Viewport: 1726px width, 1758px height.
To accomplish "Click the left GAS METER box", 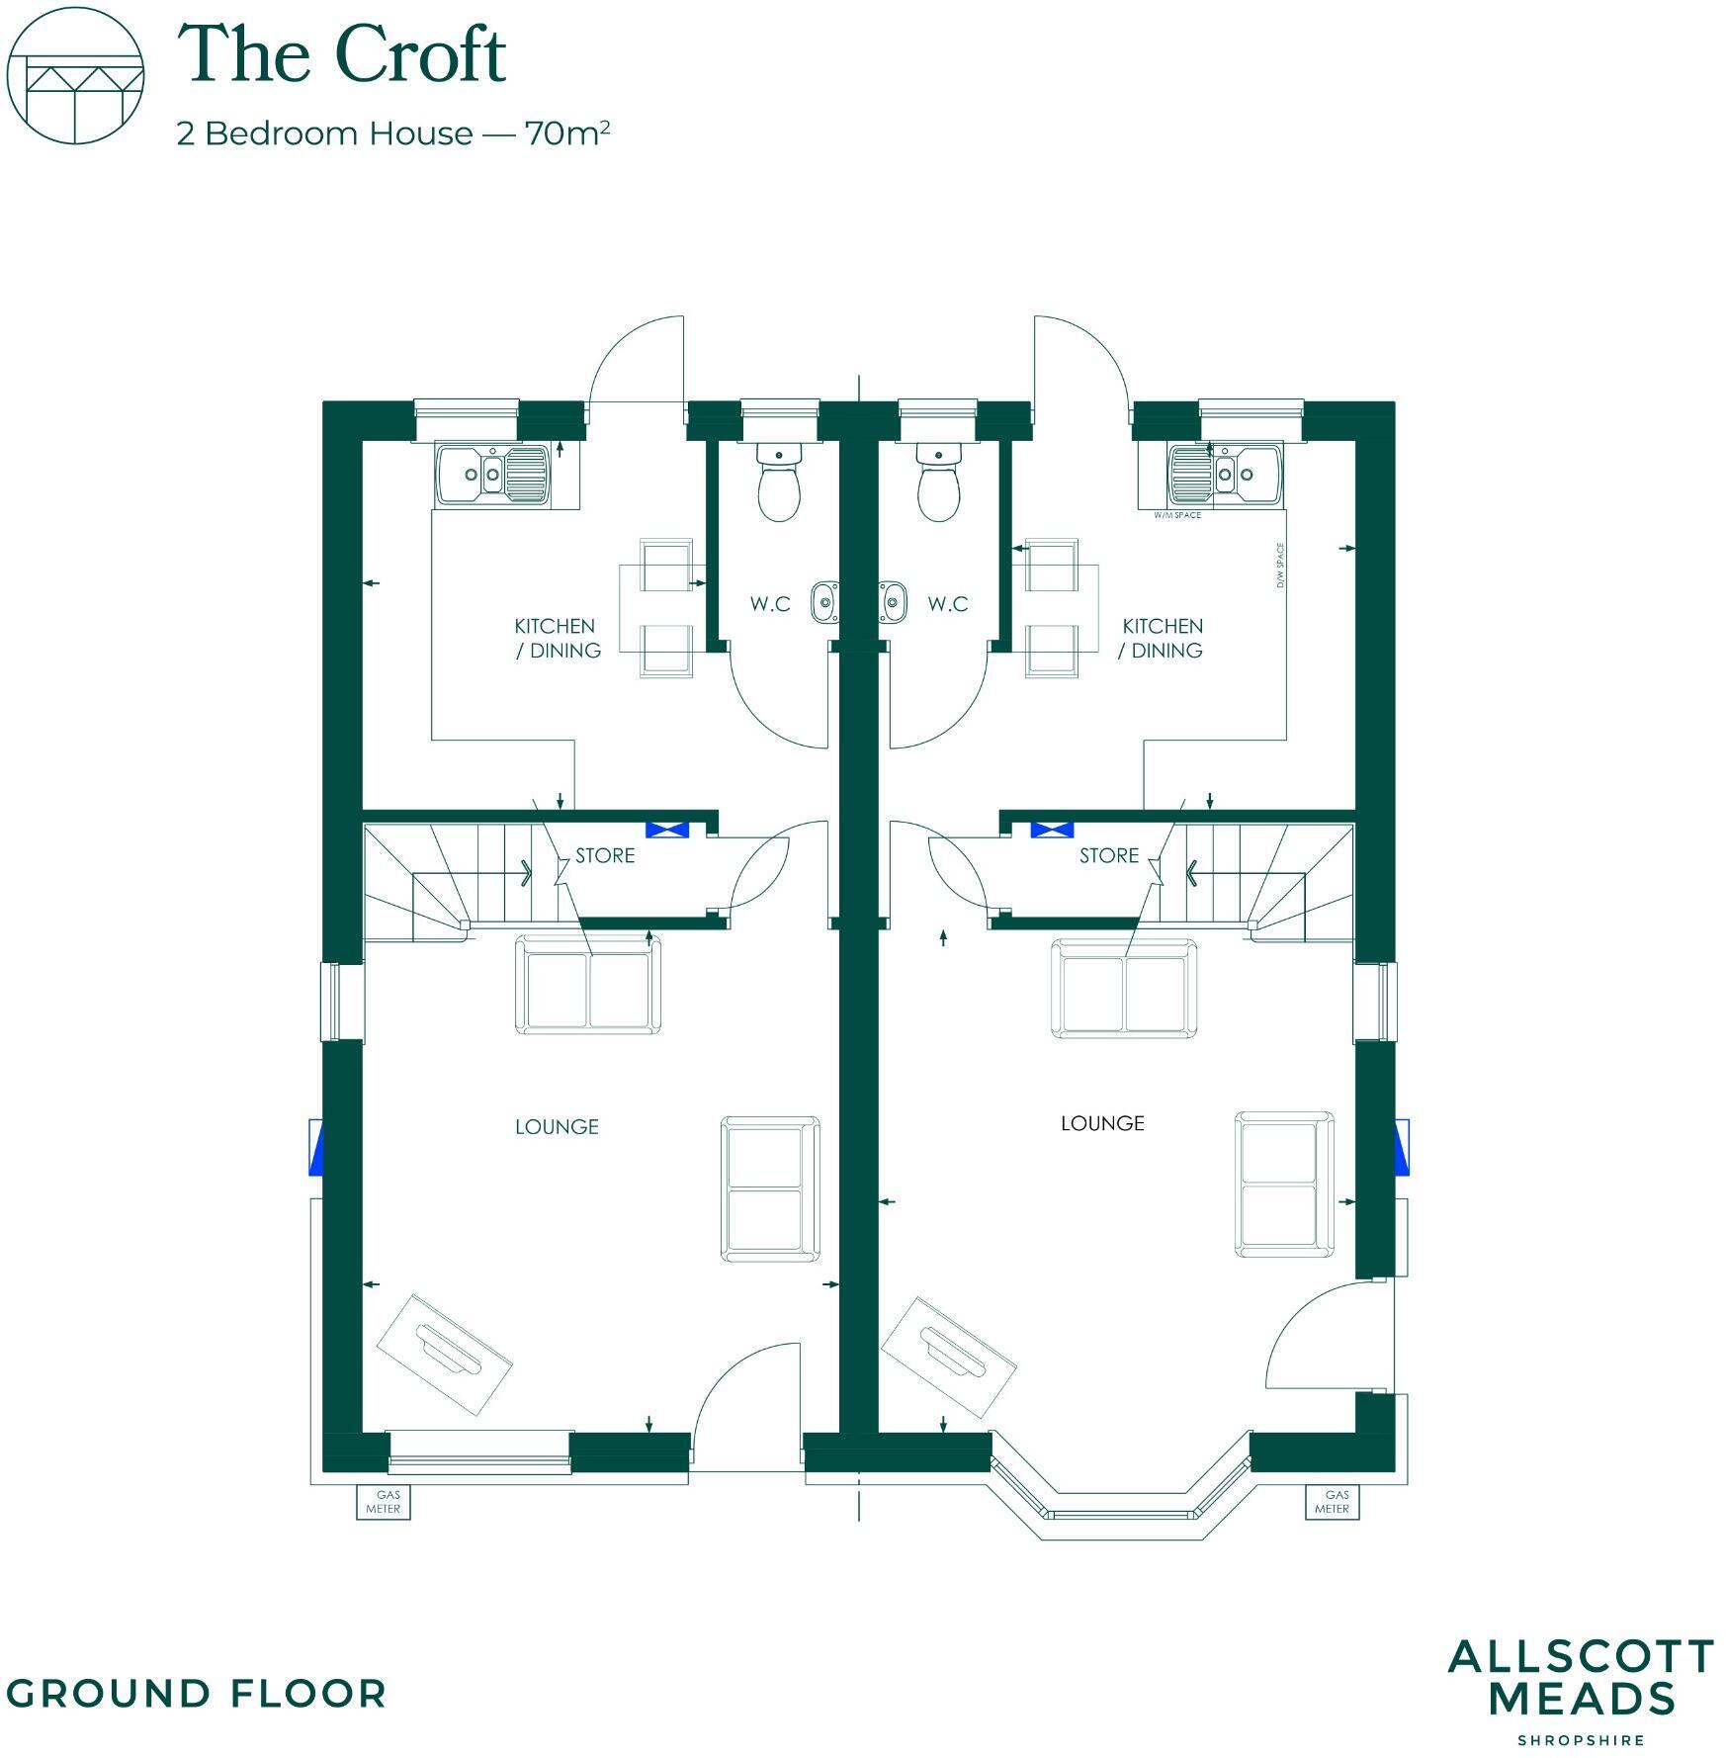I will [x=384, y=1502].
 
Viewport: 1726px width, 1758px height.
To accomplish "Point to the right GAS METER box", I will [x=1333, y=1502].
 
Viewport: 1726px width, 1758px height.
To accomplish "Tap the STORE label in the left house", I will [x=605, y=855].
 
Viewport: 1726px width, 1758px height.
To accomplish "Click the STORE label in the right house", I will [x=1108, y=855].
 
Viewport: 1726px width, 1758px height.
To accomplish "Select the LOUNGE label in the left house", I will [x=557, y=1126].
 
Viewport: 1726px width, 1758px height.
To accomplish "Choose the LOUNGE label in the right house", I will [x=1102, y=1123].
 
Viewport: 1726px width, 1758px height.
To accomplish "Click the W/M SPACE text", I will [x=1177, y=515].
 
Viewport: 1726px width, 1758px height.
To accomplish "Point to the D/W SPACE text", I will [x=1280, y=566].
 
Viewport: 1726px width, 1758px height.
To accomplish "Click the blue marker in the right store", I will [x=1052, y=830].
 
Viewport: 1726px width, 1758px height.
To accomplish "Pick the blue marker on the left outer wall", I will [x=316, y=1147].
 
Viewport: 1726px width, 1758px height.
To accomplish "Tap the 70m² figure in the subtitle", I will [x=566, y=132].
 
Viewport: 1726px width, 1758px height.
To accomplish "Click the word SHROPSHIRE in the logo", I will [x=1581, y=1739].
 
